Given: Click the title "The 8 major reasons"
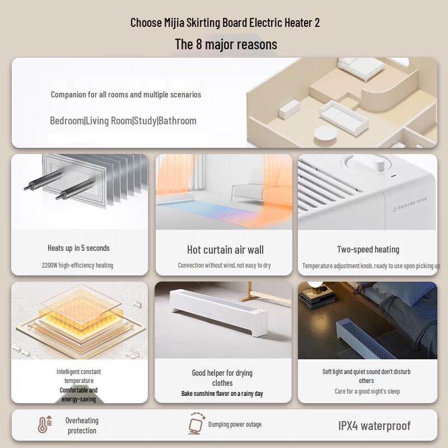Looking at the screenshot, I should pos(226,44).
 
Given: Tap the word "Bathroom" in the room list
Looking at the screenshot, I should pos(178,120).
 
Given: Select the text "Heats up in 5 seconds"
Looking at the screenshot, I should pos(79,248).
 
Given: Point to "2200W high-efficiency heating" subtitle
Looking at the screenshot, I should pos(77,265).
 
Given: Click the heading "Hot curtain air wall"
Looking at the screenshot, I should pos(225,250).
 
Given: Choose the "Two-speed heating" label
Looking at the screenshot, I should pos(368,249).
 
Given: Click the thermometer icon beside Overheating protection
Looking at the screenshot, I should pos(44,425).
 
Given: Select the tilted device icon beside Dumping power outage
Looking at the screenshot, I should pos(196,424).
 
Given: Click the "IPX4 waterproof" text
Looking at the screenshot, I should pos(374,426).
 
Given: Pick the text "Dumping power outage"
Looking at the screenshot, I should pos(235,424).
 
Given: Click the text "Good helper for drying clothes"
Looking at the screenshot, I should pos(222,378).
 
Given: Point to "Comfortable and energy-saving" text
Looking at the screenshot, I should pos(79,395).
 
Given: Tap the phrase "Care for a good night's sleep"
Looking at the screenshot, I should pos(367,391).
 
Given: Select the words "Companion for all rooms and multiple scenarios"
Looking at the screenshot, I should pos(126,95).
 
